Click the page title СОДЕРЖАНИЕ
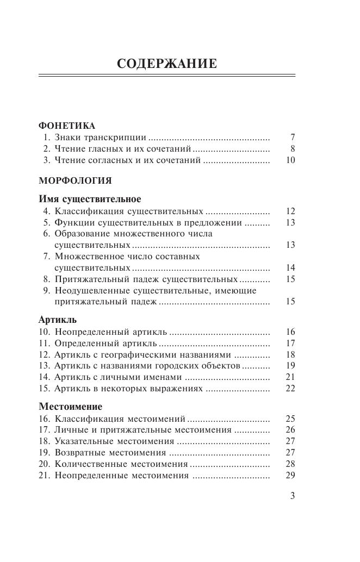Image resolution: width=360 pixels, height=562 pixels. tap(167, 64)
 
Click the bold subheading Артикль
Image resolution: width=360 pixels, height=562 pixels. tap(58, 319)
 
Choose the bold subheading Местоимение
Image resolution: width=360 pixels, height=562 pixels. tap(71, 406)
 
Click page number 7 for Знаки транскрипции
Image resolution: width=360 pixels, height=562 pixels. tap(293, 136)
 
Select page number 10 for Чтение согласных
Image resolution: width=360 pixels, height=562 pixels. tap(290, 160)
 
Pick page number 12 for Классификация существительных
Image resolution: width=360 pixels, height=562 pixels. tap(290, 211)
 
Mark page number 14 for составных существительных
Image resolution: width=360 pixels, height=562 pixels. tap(290, 267)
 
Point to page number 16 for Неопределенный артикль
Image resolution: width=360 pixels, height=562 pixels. tap(290, 332)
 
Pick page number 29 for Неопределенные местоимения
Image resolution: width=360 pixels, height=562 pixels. tap(290, 476)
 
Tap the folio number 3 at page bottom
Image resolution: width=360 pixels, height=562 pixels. tap(292, 495)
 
